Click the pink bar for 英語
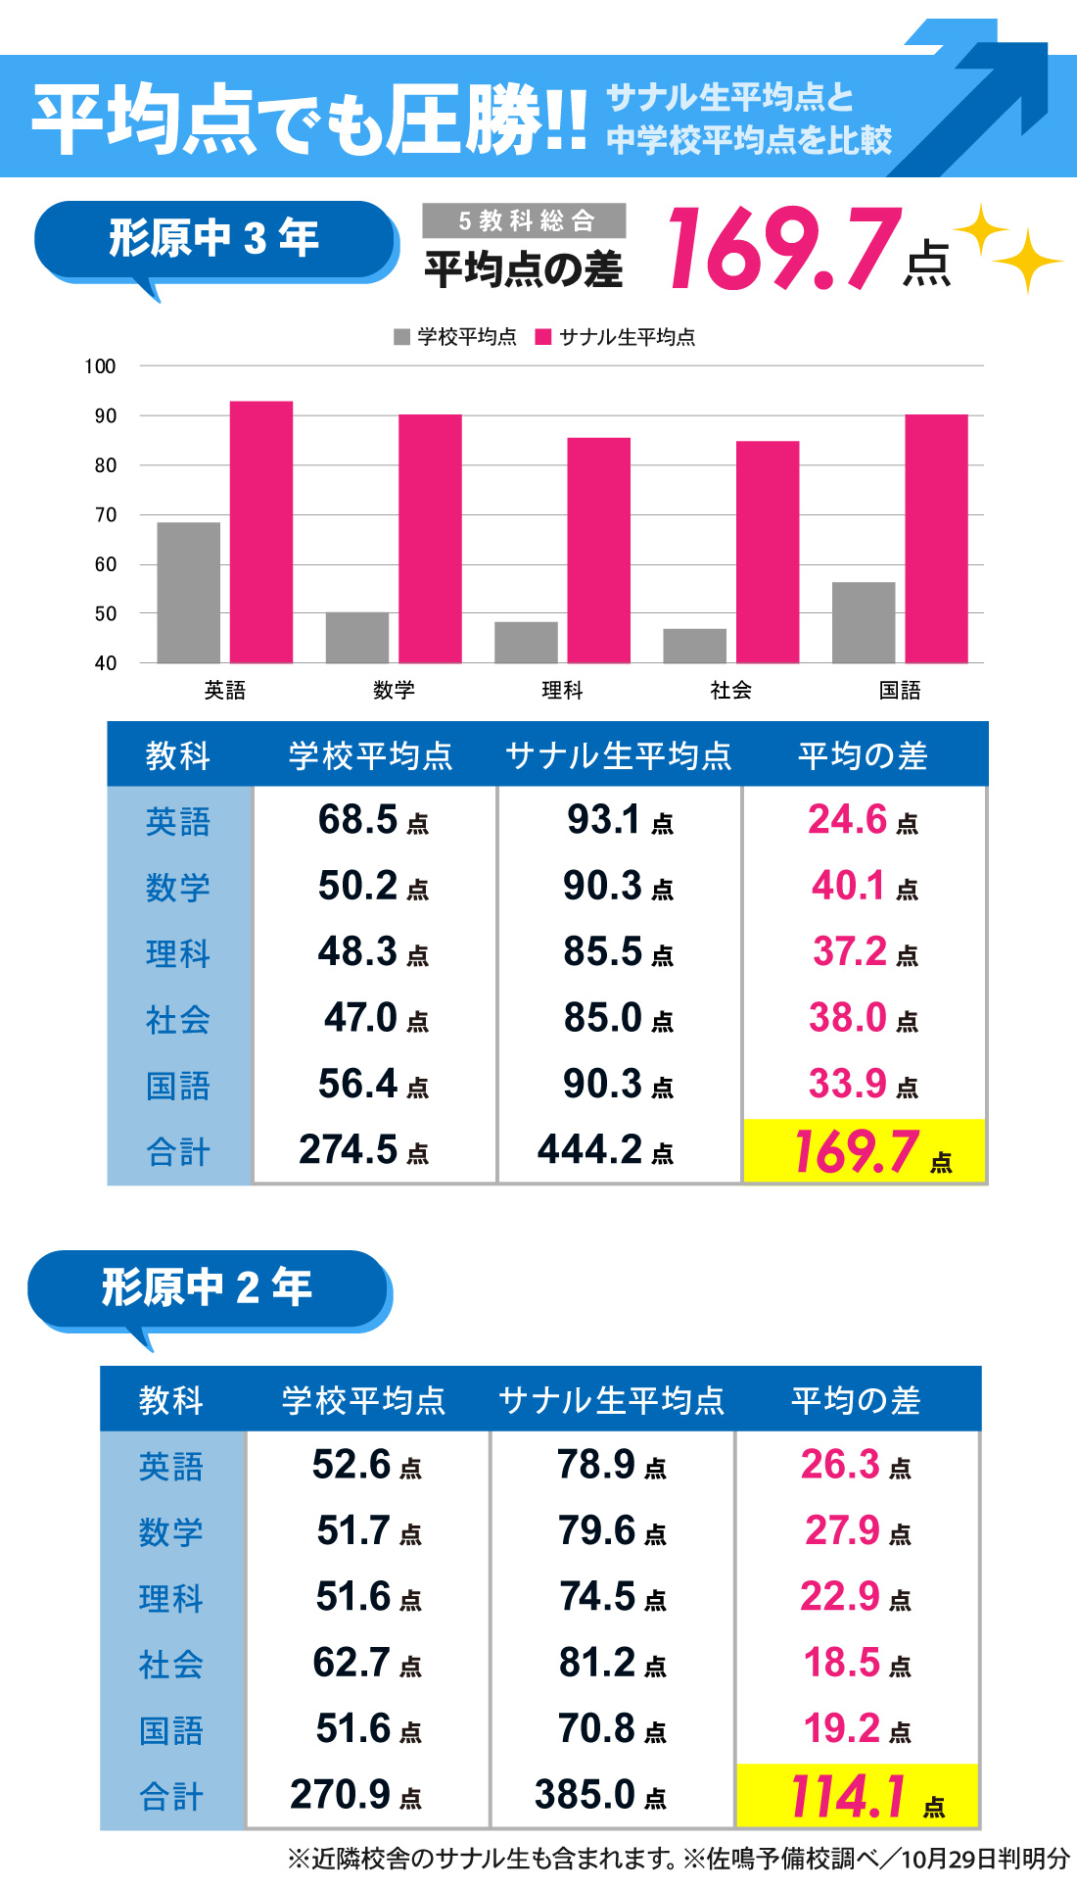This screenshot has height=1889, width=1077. pyautogui.click(x=261, y=532)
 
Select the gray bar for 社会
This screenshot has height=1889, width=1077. pyautogui.click(x=694, y=646)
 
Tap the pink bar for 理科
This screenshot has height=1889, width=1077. pyautogui.click(x=598, y=550)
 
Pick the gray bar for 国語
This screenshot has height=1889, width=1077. pyautogui.click(x=863, y=622)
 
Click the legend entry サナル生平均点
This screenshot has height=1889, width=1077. pyautogui.click(x=617, y=337)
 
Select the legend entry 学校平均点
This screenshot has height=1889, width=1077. pyautogui.click(x=456, y=337)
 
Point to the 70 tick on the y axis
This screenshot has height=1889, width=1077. pyautogui.click(x=106, y=514)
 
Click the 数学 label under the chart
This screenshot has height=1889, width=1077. pyautogui.click(x=394, y=690)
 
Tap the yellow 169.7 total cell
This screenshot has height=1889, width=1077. pyautogui.click(x=864, y=1151)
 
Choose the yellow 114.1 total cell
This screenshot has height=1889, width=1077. pyautogui.click(x=857, y=1796)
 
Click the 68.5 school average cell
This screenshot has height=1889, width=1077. pyautogui.click(x=373, y=820)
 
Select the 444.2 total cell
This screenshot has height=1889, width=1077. pyautogui.click(x=605, y=1150)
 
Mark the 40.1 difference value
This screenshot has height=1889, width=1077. pyautogui.click(x=864, y=886)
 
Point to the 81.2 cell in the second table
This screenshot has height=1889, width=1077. pyautogui.click(x=612, y=1663)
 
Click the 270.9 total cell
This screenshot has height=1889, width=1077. pyautogui.click(x=355, y=1795)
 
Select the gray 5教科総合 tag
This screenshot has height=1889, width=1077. pyautogui.click(x=525, y=220)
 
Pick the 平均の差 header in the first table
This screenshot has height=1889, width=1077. pyautogui.click(x=863, y=755)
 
